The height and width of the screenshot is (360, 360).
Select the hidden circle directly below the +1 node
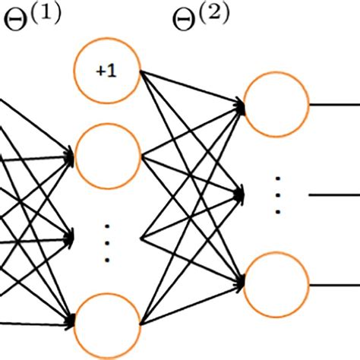[x=107, y=157]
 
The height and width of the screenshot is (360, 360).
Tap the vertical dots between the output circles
[x=277, y=195]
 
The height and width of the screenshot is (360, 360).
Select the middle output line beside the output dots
[x=334, y=195]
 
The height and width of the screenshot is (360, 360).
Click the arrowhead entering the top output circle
[x=239, y=106]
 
